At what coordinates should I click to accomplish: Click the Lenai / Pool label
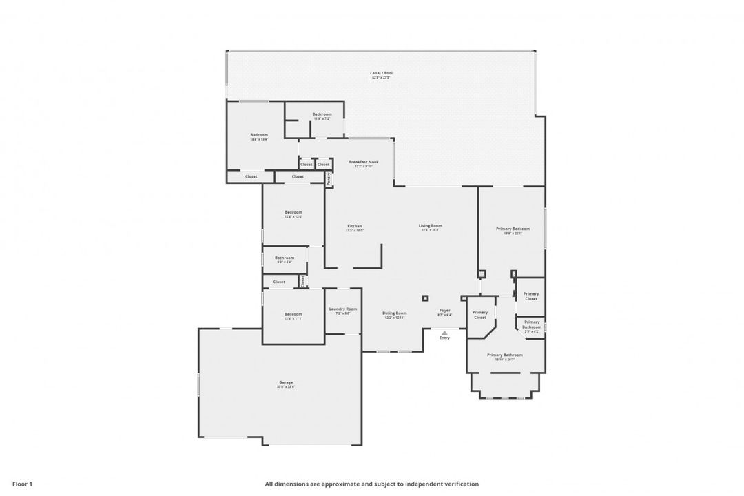point(382,73)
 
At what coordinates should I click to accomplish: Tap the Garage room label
point(286,382)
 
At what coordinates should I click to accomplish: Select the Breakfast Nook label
point(363,161)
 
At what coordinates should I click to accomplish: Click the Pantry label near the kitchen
point(329,178)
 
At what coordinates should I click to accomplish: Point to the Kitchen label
point(355,226)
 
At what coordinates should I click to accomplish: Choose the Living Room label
point(431,225)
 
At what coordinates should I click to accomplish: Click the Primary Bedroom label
point(513,229)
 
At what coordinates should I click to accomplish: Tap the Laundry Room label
point(342,309)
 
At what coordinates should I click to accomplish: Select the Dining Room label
point(395,313)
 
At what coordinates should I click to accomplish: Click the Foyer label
point(445,311)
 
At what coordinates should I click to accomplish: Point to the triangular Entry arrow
point(444,332)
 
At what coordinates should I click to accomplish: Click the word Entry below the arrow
point(444,338)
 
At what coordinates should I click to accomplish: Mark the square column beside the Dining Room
point(425,298)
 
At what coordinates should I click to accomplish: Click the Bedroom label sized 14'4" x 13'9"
point(259,135)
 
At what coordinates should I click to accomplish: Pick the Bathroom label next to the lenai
point(322,114)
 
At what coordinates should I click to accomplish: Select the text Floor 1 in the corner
point(23,484)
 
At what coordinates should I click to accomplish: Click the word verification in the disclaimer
point(461,484)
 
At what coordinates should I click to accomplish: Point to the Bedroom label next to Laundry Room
point(293,314)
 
